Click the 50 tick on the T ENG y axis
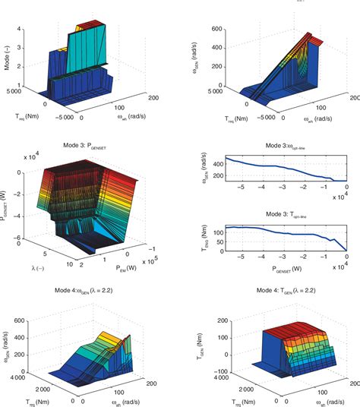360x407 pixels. click(218, 239)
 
